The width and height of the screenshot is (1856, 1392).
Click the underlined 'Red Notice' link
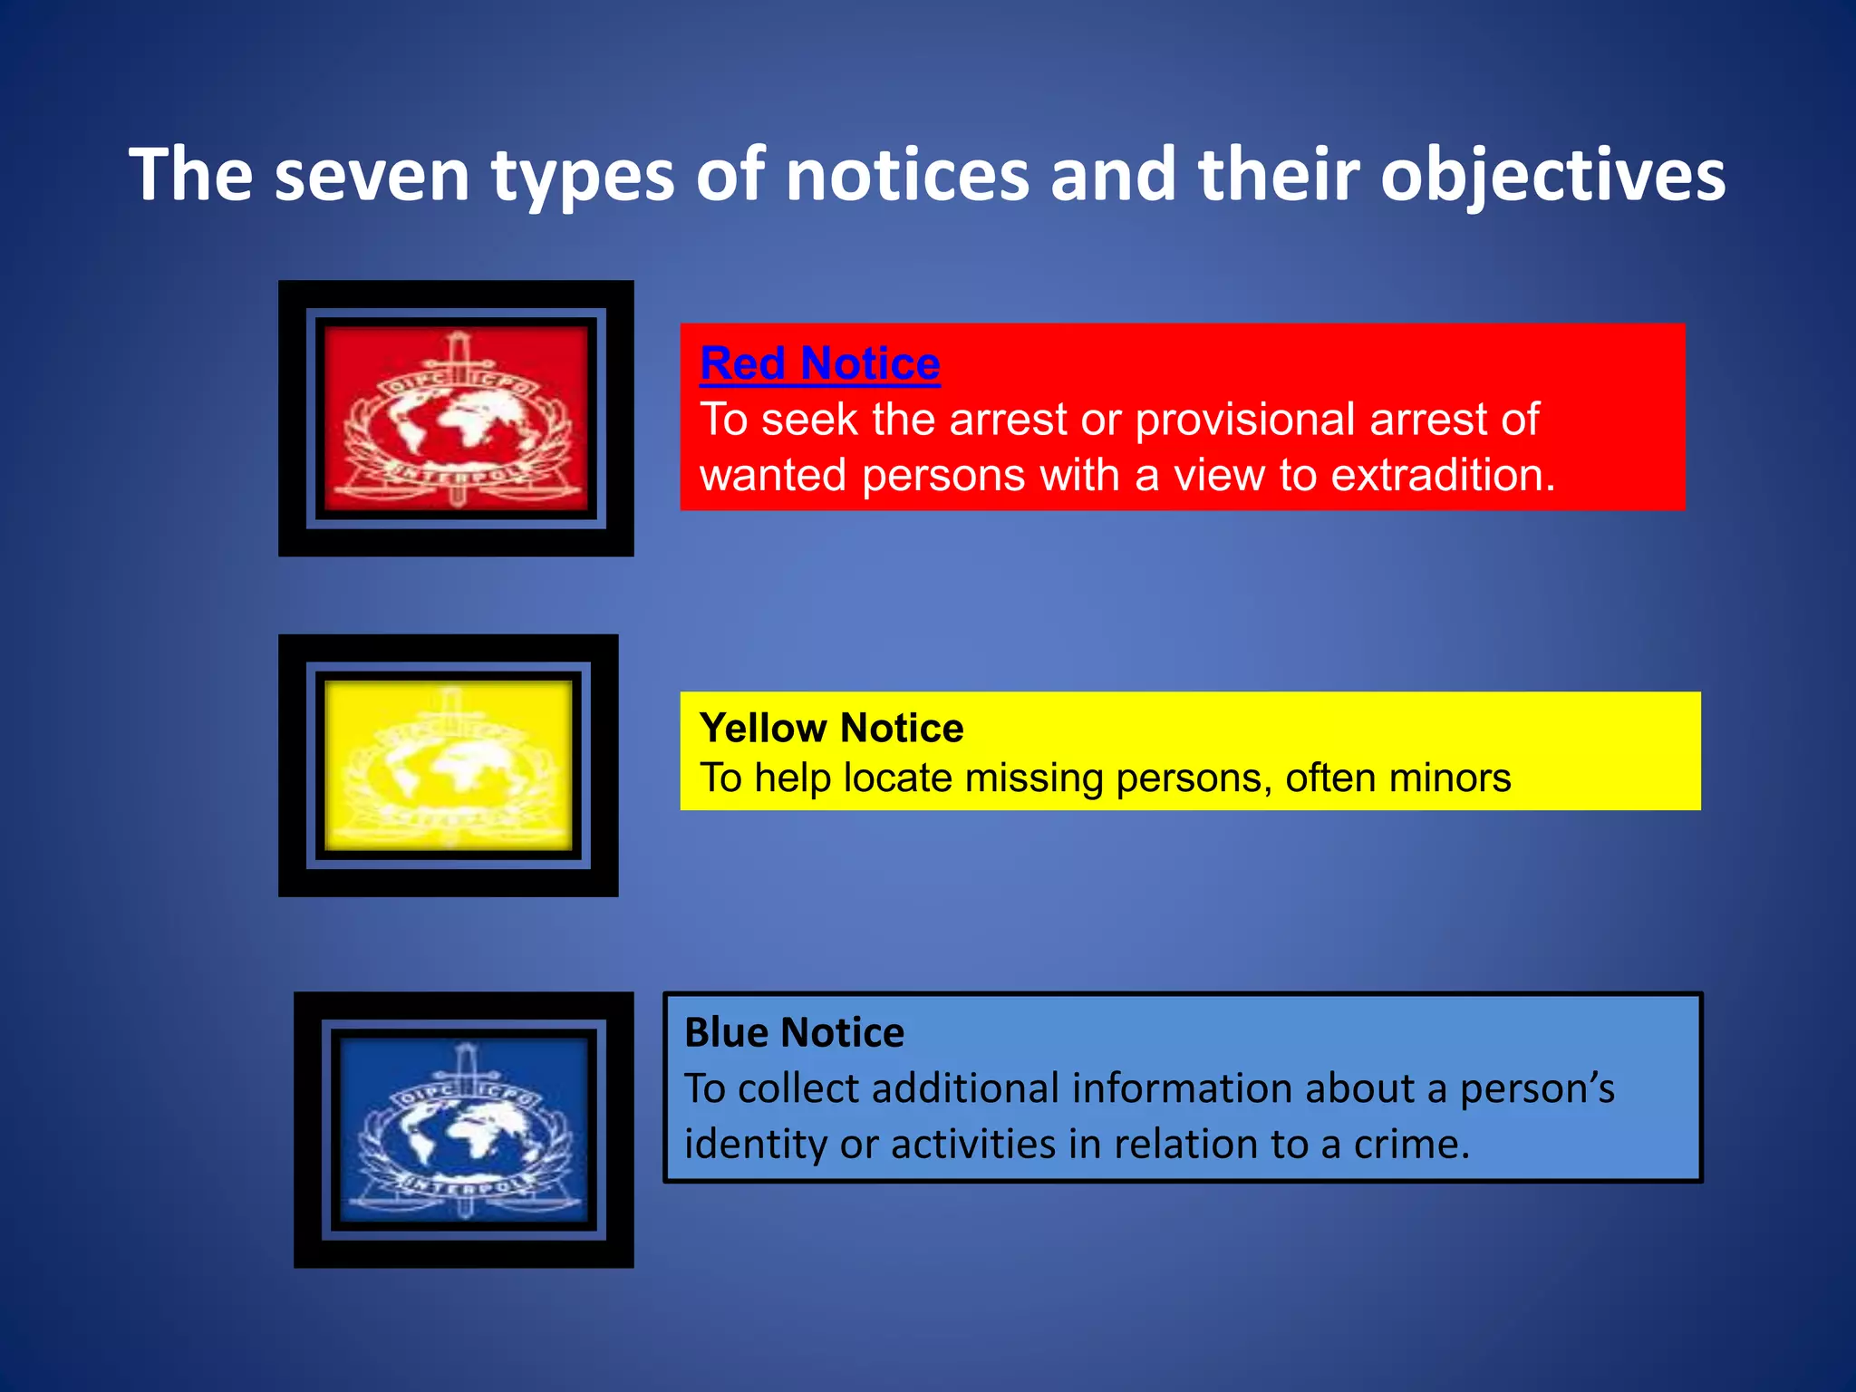[x=820, y=364]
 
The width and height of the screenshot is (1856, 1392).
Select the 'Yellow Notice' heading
[x=831, y=728]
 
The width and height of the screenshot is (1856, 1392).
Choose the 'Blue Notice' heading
[x=794, y=1032]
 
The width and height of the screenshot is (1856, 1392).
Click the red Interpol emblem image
[x=456, y=418]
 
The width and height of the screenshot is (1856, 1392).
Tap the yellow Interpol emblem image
[x=449, y=766]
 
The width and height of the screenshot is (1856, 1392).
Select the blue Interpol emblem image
[x=464, y=1129]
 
